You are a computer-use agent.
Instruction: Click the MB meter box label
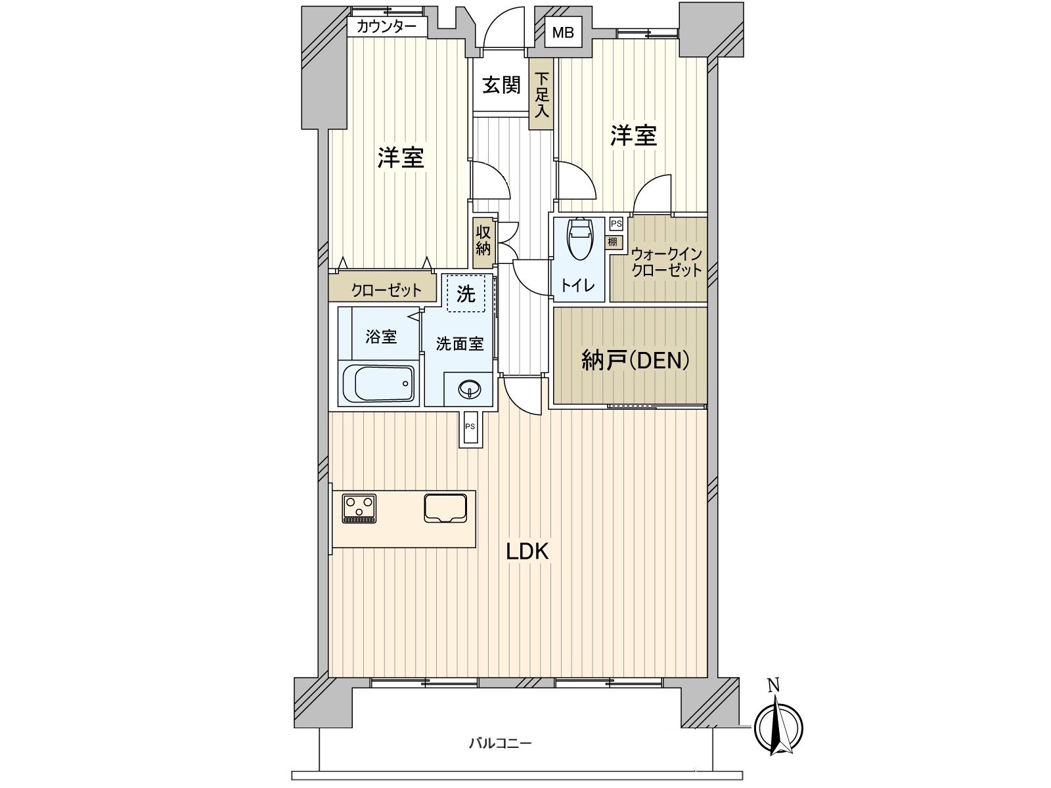pos(562,33)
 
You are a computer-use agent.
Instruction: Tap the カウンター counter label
pos(386,27)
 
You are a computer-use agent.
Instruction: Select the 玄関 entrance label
pos(501,85)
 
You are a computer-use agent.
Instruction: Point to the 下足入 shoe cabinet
pos(541,94)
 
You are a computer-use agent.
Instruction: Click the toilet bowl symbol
pos(579,239)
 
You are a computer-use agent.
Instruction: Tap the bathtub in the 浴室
pos(378,383)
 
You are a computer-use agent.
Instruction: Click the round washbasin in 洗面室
pos(469,389)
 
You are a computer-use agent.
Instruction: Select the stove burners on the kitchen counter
pos(359,508)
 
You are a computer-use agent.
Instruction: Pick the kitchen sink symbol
pos(445,508)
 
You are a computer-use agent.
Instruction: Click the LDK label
pos(527,552)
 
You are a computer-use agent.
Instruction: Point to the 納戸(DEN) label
pos(635,361)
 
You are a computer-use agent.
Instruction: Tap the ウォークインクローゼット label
pos(667,262)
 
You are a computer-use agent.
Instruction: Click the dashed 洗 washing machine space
pos(466,294)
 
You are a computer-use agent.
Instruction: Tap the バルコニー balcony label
pos(500,743)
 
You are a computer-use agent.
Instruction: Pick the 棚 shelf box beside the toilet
pos(614,242)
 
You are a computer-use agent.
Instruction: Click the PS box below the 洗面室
pos(470,429)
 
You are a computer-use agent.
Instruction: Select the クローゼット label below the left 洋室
pos(386,290)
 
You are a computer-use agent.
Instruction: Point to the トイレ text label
pos(578,286)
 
